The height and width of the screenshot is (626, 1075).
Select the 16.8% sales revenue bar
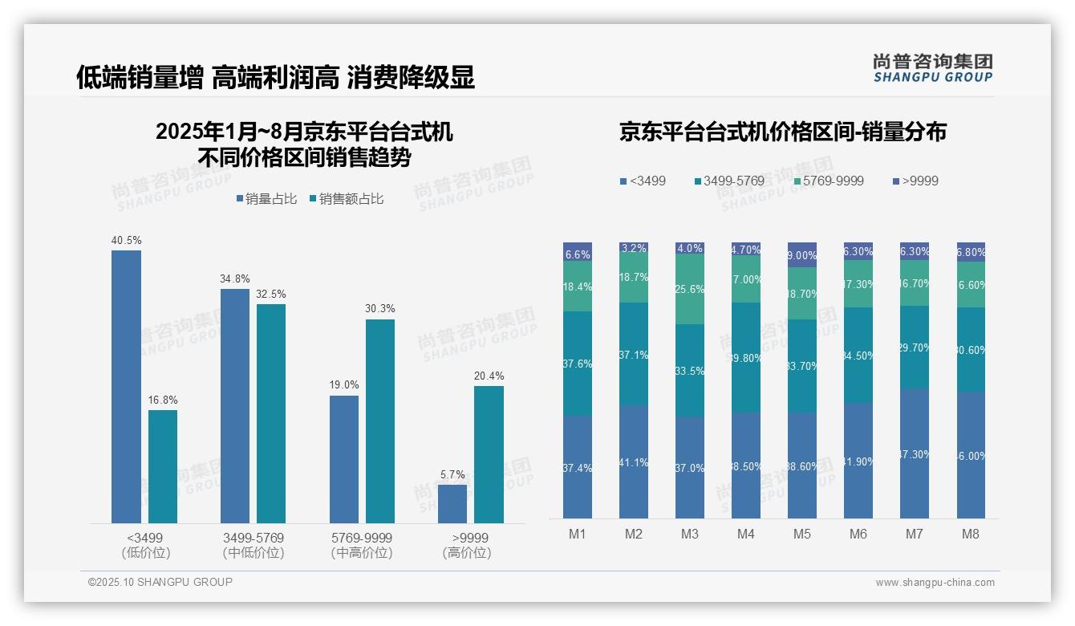[x=163, y=466]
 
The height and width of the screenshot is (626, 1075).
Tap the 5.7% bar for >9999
[x=452, y=504]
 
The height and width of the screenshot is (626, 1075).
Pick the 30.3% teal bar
[x=380, y=421]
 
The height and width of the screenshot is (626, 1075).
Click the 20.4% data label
[x=489, y=376]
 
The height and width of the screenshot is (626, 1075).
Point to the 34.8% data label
[x=234, y=279]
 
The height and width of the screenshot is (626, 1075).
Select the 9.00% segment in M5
[x=802, y=255]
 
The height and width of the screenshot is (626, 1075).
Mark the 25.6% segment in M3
[x=690, y=290]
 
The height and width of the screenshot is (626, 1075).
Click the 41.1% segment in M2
[x=634, y=461]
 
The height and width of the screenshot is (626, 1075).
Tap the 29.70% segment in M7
[x=915, y=348]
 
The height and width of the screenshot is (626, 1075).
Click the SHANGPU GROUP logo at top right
[x=932, y=67]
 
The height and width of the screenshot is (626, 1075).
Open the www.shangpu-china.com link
[x=935, y=583]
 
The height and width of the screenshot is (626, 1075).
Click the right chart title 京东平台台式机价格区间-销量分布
[x=782, y=132]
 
